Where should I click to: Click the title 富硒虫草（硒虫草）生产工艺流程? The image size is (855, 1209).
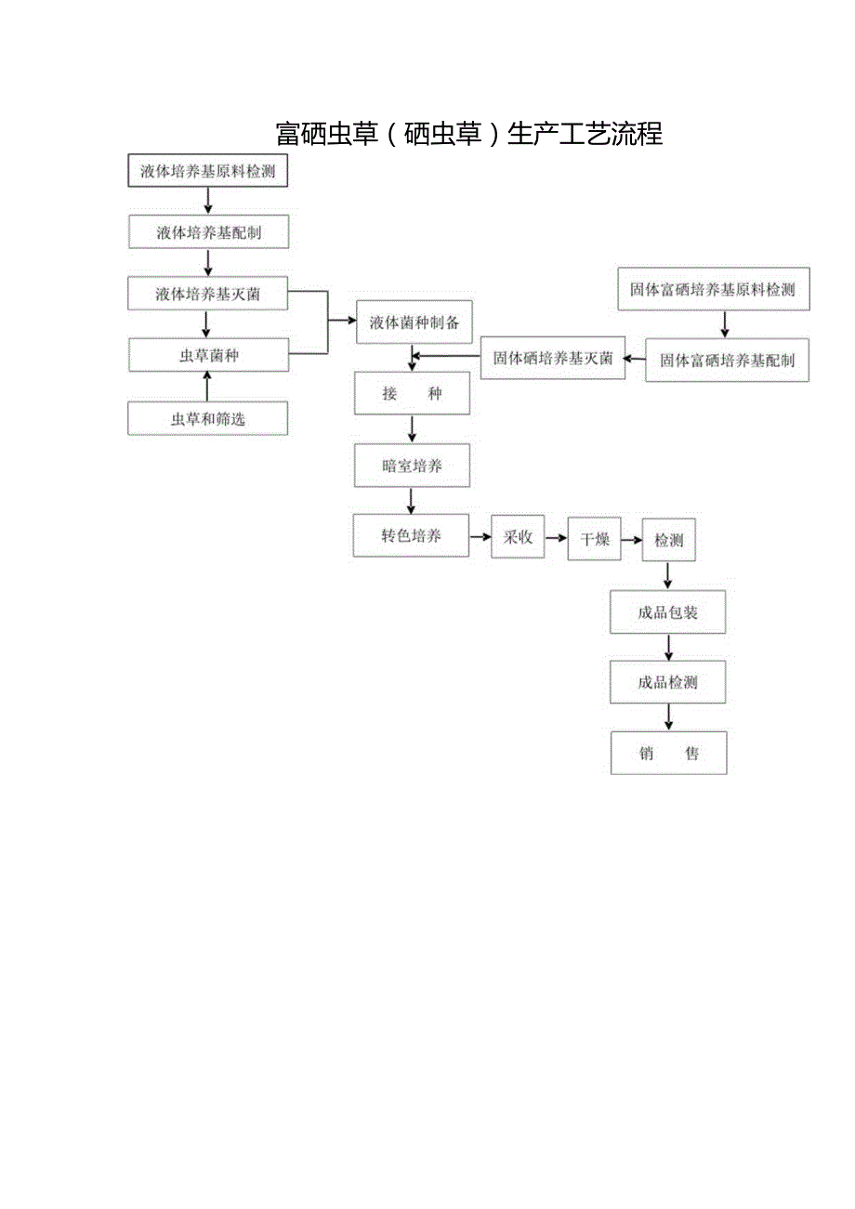(469, 134)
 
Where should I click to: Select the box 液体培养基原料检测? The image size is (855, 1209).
(208, 171)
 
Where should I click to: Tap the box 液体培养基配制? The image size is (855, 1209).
(208, 232)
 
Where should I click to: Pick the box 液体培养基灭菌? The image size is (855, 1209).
(208, 295)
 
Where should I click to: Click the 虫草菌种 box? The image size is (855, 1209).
(208, 355)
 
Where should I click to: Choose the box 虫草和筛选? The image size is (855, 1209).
(208, 419)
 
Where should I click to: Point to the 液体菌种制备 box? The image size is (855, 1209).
(414, 322)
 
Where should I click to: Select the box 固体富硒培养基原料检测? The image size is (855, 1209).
(713, 289)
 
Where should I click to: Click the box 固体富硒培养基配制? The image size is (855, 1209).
(727, 361)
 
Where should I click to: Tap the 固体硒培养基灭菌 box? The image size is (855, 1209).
(553, 359)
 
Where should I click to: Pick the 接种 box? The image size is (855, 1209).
(412, 394)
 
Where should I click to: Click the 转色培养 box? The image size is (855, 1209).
(411, 536)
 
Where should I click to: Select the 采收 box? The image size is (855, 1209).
(518, 537)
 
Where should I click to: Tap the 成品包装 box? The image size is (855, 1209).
(667, 612)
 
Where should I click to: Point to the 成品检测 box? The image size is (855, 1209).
(667, 682)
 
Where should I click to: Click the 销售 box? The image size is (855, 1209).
(668, 754)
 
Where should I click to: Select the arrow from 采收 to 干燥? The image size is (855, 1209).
(556, 538)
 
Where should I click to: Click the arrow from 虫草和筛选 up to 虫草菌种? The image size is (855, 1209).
(207, 386)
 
